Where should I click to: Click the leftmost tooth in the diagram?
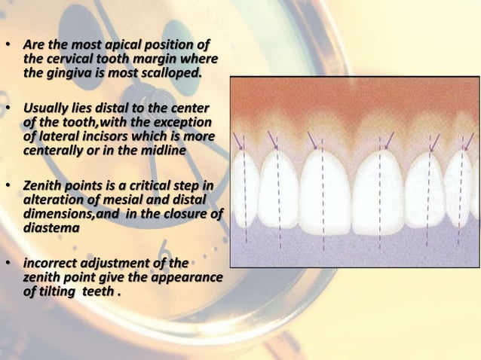tap(246, 188)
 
